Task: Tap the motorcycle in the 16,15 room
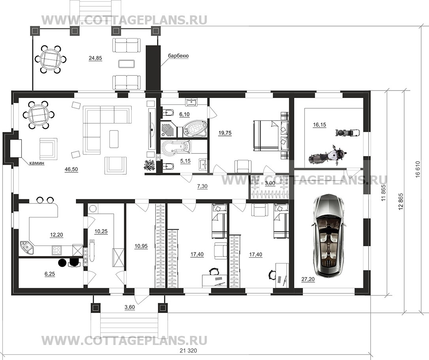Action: point(327,155)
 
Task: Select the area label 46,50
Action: point(71,170)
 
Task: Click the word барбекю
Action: point(178,56)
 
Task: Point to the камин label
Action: point(37,164)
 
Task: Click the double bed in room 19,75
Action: point(270,136)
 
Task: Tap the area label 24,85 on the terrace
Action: point(95,58)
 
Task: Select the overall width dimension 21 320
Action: point(188,351)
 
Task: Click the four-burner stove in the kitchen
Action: point(57,250)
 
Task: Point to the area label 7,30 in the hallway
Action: point(202,187)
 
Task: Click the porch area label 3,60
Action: point(130,307)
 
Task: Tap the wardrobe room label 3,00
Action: point(270,183)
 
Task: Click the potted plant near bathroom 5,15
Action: point(149,165)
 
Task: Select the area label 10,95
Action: point(141,246)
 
